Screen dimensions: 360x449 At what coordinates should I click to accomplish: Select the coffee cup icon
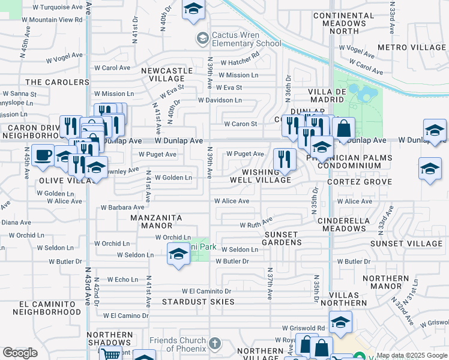point(43,155)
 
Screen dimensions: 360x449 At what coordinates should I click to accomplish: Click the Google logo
point(20,353)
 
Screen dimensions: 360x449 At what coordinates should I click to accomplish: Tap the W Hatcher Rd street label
point(240,62)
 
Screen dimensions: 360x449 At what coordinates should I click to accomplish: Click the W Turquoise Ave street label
point(58,7)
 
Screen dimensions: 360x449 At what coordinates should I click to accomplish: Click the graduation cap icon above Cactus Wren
point(193,9)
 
